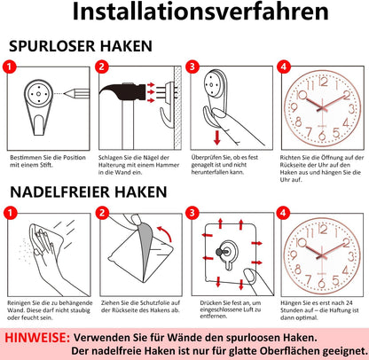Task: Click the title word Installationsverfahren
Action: click(200, 12)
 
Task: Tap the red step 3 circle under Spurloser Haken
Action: click(192, 67)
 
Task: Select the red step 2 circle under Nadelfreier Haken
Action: click(102, 213)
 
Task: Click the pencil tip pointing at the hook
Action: click(65, 94)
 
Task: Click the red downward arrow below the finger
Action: click(217, 137)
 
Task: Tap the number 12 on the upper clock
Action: click(324, 82)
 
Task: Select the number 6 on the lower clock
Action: click(321, 284)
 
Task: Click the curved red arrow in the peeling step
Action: click(165, 233)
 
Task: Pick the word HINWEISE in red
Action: click(37, 338)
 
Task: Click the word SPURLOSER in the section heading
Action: click(52, 46)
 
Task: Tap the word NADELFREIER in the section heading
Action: click(62, 192)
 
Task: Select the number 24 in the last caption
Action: click(349, 303)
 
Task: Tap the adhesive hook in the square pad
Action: click(228, 254)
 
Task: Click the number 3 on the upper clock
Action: click(351, 109)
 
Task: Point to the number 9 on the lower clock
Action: click(294, 254)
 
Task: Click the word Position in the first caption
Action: click(75, 158)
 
